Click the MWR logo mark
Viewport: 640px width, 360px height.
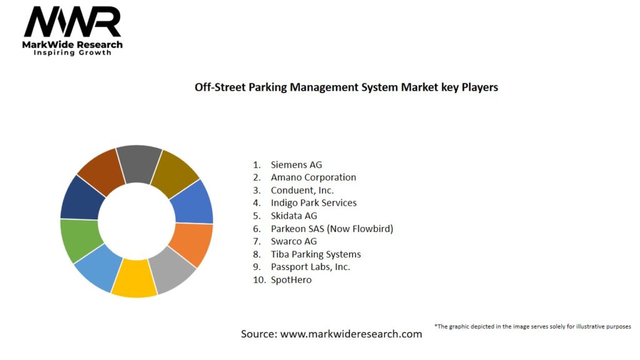pyautogui.click(x=72, y=22)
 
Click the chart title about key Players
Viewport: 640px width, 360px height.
pyautogui.click(x=346, y=87)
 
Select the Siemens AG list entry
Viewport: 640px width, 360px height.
pyautogui.click(x=296, y=164)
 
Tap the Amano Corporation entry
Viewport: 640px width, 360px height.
pyautogui.click(x=313, y=177)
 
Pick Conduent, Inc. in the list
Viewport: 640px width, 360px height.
pyautogui.click(x=302, y=190)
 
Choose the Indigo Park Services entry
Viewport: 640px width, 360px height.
pyautogui.click(x=313, y=203)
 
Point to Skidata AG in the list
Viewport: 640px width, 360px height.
pyautogui.click(x=294, y=216)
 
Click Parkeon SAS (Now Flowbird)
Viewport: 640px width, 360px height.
pyautogui.click(x=331, y=229)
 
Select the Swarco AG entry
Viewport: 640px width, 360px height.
pyautogui.click(x=294, y=241)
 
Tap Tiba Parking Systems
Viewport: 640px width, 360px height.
pyautogui.click(x=316, y=254)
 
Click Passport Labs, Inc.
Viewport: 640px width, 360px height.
pyautogui.click(x=310, y=267)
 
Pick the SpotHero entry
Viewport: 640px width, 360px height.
pyautogui.click(x=291, y=280)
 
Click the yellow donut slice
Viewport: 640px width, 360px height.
pyautogui.click(x=133, y=279)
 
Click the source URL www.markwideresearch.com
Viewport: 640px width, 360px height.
pyautogui.click(x=351, y=334)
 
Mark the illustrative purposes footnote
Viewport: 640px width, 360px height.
pyautogui.click(x=532, y=326)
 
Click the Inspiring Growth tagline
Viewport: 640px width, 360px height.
pyautogui.click(x=72, y=53)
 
